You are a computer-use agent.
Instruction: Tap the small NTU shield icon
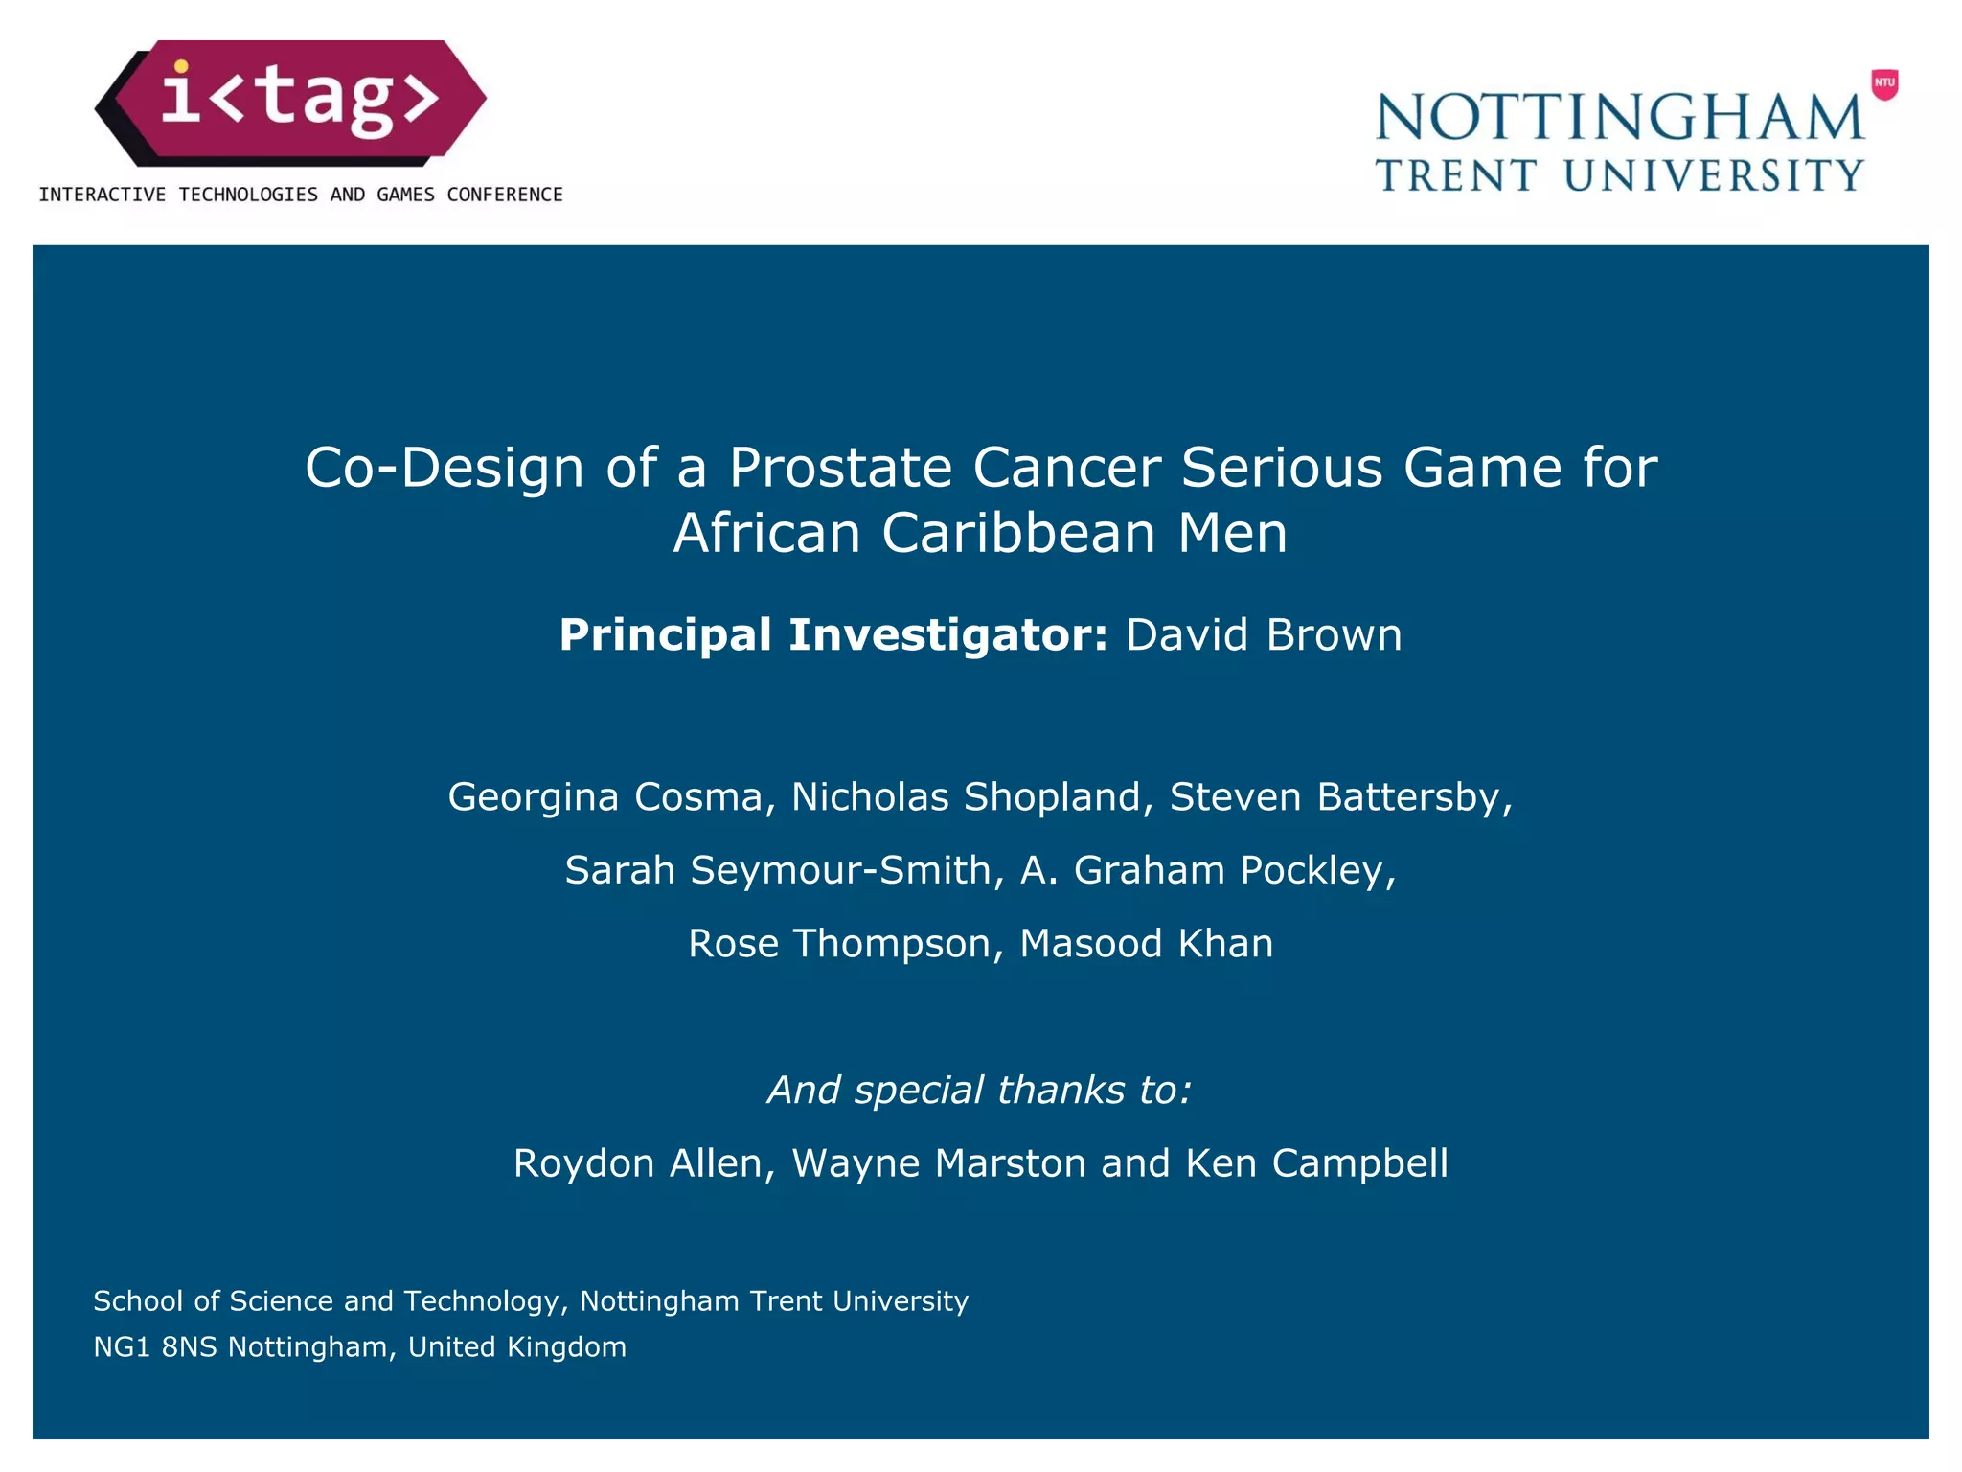click(x=1884, y=83)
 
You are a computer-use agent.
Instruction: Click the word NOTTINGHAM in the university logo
click(x=1620, y=117)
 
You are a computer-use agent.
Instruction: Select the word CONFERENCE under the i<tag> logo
click(x=505, y=195)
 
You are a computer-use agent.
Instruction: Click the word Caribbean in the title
click(x=1018, y=533)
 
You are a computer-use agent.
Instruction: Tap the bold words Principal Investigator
click(x=833, y=634)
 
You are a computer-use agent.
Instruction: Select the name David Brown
click(x=1264, y=634)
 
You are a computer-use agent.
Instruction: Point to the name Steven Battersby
click(x=1340, y=796)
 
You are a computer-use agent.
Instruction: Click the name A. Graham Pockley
click(x=1207, y=870)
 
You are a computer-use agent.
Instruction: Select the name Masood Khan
click(x=1147, y=943)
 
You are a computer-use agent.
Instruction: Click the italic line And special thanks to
click(x=979, y=1090)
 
